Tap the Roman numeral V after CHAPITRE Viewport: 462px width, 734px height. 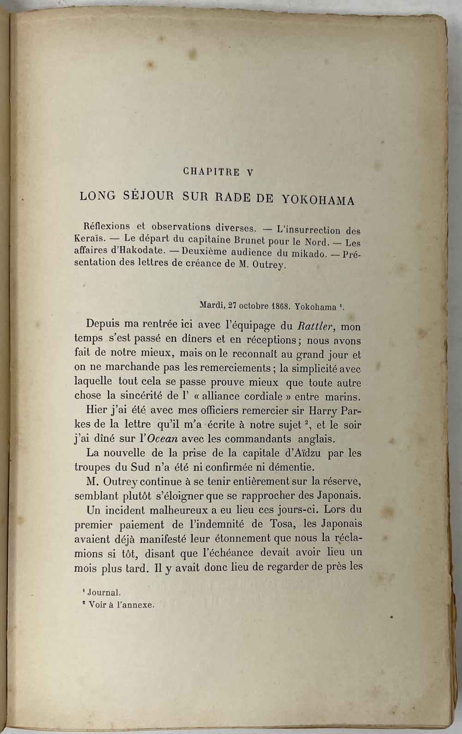click(x=250, y=173)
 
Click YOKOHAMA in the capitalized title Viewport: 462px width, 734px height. click(x=318, y=200)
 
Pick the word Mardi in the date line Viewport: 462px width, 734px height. click(x=211, y=305)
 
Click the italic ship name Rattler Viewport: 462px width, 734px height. click(x=315, y=326)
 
